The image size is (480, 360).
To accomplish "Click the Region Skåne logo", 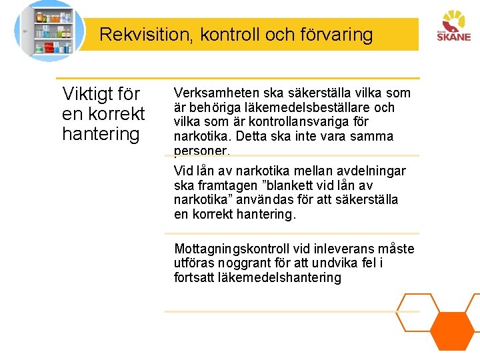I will [x=453, y=27].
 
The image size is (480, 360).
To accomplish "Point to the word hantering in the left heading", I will [x=101, y=134].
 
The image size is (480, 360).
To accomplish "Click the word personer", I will [x=201, y=151].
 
